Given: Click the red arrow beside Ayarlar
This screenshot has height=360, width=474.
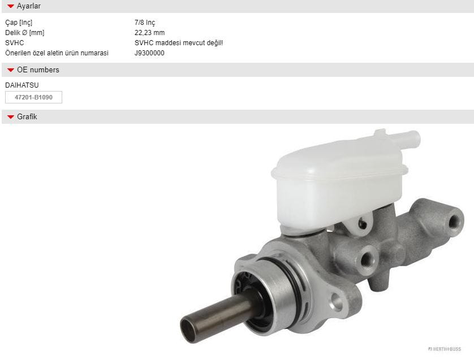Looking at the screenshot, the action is (x=11, y=6).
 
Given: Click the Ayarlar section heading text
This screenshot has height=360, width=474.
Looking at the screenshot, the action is (x=29, y=6).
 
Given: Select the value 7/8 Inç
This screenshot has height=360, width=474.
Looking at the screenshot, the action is (x=145, y=23).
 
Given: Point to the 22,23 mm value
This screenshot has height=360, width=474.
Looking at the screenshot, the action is (x=150, y=33).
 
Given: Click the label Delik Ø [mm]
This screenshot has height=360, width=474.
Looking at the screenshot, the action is (x=25, y=33).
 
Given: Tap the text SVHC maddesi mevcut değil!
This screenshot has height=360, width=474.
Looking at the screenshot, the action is (x=179, y=43).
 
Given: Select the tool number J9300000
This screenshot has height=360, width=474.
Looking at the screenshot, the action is (x=149, y=53).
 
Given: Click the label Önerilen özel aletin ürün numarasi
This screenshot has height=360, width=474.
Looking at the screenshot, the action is (x=57, y=53).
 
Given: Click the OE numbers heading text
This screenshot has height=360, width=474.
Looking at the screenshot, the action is (x=38, y=70).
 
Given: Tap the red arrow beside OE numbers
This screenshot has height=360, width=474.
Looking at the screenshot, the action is (x=11, y=70).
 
